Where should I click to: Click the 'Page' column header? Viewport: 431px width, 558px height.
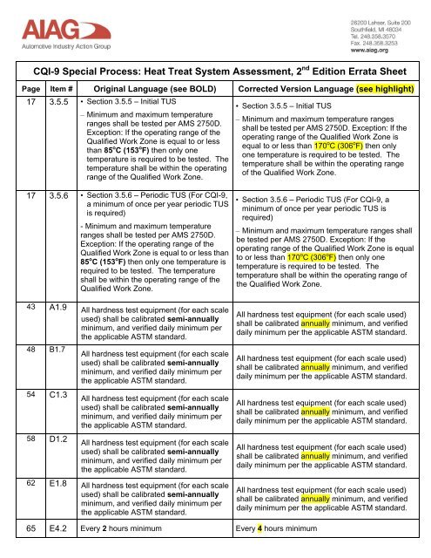[x=25, y=91]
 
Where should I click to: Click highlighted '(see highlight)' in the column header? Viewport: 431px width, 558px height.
[x=380, y=91]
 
